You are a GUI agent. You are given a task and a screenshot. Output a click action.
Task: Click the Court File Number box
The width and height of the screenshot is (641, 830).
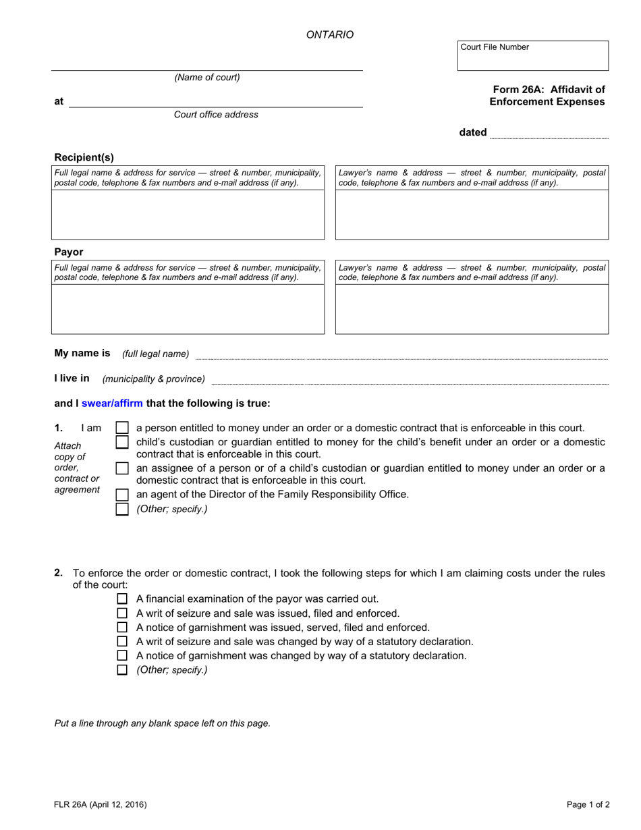point(532,59)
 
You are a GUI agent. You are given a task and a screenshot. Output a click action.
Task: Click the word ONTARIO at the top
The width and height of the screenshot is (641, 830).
point(330,34)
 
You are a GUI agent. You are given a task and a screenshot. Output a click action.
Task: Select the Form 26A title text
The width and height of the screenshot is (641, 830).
point(547,95)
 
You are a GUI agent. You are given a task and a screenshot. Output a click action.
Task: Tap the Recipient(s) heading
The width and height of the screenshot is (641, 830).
point(84,157)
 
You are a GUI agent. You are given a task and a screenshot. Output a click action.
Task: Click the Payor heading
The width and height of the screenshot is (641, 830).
point(69,252)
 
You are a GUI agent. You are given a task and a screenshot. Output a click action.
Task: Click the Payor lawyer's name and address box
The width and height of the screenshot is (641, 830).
point(472,309)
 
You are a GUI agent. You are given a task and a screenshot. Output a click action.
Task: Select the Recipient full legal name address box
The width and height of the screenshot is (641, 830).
point(188,215)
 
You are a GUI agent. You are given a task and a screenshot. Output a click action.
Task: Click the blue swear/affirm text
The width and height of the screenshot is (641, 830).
point(112,404)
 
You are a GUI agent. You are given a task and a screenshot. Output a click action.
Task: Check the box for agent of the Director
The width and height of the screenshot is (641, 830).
point(122,495)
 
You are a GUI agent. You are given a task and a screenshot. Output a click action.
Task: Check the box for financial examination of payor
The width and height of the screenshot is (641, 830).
point(122,599)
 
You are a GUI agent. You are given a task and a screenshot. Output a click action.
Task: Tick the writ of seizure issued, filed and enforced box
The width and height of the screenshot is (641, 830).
point(122,613)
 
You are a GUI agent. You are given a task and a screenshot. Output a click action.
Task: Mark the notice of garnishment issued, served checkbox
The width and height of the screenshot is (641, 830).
point(122,628)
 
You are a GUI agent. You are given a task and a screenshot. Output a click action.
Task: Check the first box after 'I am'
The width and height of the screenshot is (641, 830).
point(122,428)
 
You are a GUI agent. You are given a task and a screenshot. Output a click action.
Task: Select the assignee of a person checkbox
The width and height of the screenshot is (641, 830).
point(122,468)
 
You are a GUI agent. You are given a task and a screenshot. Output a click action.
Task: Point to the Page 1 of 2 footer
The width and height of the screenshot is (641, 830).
point(588,804)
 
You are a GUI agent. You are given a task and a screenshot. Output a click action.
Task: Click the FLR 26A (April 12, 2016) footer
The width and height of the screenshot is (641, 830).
point(101,804)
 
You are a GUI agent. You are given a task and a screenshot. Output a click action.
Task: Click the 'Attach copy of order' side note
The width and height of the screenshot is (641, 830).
point(76,468)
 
